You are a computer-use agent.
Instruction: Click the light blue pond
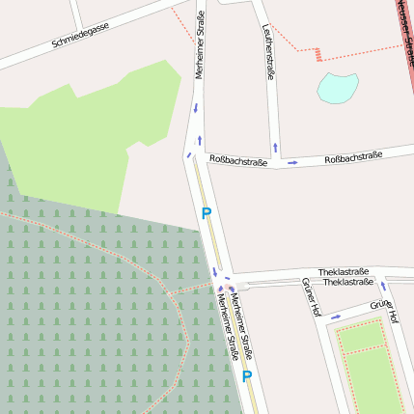[x=337, y=88]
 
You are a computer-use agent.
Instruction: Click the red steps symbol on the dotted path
[x=317, y=53]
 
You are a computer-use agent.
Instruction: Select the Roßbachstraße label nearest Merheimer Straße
[x=237, y=161]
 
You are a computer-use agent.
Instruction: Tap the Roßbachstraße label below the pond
[x=352, y=156]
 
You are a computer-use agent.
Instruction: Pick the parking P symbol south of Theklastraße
[x=247, y=375]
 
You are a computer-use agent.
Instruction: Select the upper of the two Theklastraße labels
[x=345, y=273]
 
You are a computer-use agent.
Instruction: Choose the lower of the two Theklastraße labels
[x=348, y=283]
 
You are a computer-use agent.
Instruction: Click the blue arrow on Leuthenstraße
[x=276, y=148]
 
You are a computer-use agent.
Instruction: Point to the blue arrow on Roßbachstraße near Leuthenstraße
[x=292, y=162]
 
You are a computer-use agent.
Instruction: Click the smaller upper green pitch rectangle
[x=361, y=337]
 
